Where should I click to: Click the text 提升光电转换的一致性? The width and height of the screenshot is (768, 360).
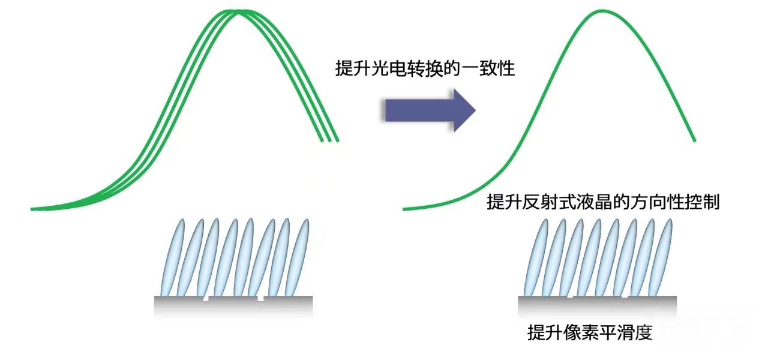coord(425,68)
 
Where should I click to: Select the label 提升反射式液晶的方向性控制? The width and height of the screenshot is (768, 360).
coord(603,203)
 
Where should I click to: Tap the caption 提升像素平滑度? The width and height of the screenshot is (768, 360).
coord(589,332)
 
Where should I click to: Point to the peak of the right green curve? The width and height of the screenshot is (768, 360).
coord(601,11)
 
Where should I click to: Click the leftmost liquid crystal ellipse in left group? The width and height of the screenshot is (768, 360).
coord(171,257)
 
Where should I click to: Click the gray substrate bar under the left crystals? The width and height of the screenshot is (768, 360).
coord(233,306)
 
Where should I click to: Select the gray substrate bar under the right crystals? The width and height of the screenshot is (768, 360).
coord(597,305)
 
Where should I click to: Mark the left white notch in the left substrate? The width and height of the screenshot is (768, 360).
coord(205,298)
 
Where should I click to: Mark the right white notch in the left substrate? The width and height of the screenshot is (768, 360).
coord(261,298)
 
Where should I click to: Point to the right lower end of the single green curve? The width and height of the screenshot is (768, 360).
coord(694,141)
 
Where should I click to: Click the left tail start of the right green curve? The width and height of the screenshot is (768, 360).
coord(405,209)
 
